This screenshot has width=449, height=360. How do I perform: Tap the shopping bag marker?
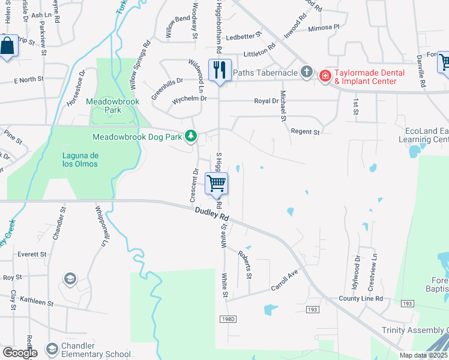pyautogui.click(x=8, y=46)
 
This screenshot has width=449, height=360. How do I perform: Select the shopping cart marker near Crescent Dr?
pyautogui.click(x=217, y=183)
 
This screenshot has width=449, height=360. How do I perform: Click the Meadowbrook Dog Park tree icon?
pyautogui.click(x=191, y=137)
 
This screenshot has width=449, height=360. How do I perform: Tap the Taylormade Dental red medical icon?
pyautogui.click(x=325, y=76)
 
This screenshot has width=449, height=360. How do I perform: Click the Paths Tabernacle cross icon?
pyautogui.click(x=307, y=73)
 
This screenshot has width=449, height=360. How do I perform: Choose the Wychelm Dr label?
pyautogui.click(x=189, y=98)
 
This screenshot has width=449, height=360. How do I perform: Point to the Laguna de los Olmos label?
pyautogui.click(x=80, y=159)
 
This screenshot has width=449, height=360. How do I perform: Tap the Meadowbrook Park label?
pyautogui.click(x=112, y=106)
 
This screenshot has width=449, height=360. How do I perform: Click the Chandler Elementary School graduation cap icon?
pyautogui.click(x=52, y=348)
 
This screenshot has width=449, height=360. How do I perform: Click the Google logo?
pyautogui.click(x=20, y=353)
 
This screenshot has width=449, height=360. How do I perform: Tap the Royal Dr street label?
pyautogui.click(x=267, y=101)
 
